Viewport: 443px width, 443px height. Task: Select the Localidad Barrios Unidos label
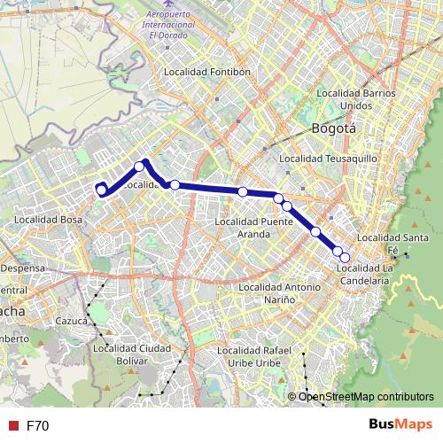pyautogui.click(x=355, y=98)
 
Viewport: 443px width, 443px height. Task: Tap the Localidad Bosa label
pyautogui.click(x=49, y=218)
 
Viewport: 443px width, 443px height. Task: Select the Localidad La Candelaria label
pyautogui.click(x=364, y=274)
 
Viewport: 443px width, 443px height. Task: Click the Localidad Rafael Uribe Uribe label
pyautogui.click(x=266, y=357)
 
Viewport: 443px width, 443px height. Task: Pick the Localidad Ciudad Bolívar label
pyautogui.click(x=130, y=354)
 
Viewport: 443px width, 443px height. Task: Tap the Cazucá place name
pyautogui.click(x=71, y=320)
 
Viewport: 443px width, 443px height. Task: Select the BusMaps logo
pyautogui.click(x=400, y=425)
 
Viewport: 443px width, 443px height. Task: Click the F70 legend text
pyautogui.click(x=37, y=426)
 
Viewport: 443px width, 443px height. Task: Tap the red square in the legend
pyautogui.click(x=12, y=426)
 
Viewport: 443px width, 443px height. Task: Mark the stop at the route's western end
pyautogui.click(x=101, y=189)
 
